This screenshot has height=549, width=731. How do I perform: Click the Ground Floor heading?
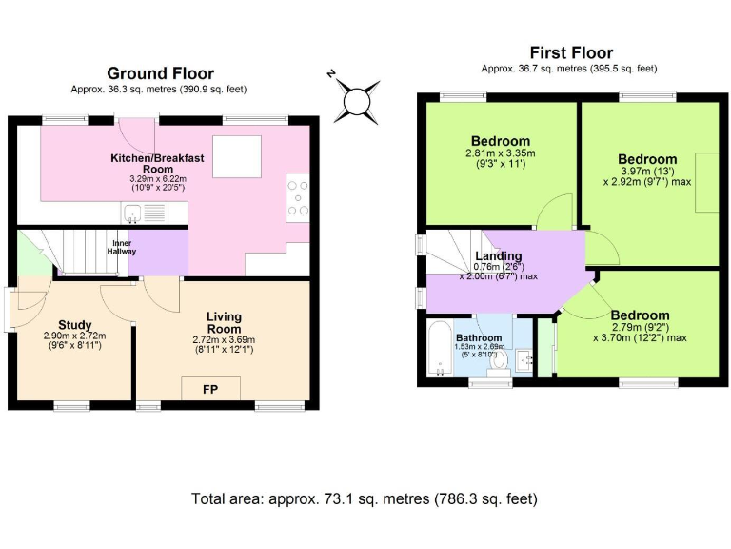(160, 73)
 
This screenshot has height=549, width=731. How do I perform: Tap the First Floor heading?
(571, 52)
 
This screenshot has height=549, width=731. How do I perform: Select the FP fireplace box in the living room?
(210, 389)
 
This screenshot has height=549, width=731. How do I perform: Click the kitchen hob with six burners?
(298, 198)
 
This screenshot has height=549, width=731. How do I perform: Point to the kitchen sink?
(132, 213)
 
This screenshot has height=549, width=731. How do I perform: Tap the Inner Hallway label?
(122, 247)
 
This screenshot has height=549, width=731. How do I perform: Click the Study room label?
(74, 324)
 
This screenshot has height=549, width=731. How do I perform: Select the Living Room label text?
(224, 322)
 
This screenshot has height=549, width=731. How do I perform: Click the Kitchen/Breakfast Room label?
(157, 163)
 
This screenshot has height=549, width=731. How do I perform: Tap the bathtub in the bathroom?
(440, 348)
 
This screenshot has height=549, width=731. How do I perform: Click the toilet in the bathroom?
(499, 363)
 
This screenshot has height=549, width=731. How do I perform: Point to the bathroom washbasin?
(524, 360)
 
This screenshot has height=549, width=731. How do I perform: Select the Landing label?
(499, 255)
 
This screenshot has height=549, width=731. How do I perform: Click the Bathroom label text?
(479, 337)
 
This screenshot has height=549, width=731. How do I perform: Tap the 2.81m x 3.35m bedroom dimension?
(501, 153)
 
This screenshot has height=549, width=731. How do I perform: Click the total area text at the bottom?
(365, 498)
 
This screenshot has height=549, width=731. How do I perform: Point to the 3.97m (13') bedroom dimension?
(647, 171)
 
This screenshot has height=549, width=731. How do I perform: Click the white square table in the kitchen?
(237, 157)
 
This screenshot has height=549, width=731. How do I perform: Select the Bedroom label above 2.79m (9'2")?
(640, 315)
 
